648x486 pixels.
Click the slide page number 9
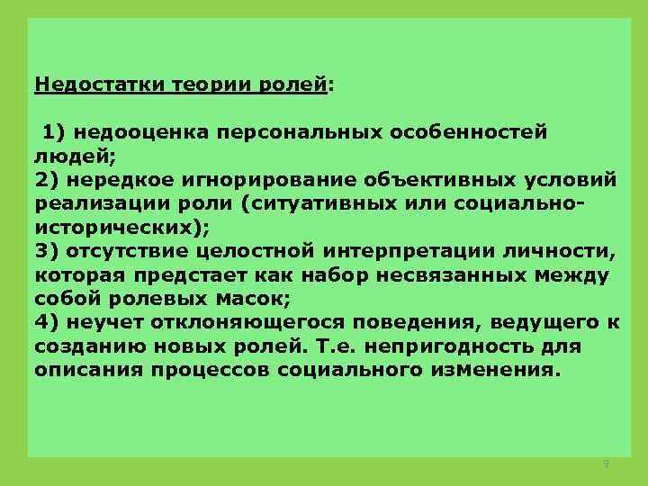(606, 463)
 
